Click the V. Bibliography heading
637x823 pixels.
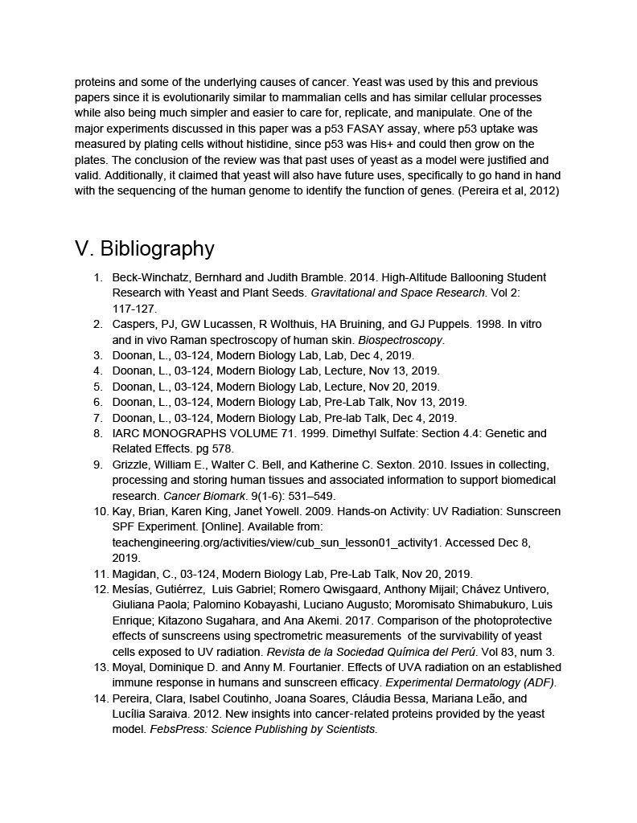click(x=145, y=248)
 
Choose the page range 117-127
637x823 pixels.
click(x=135, y=309)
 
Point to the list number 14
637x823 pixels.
click(x=100, y=698)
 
